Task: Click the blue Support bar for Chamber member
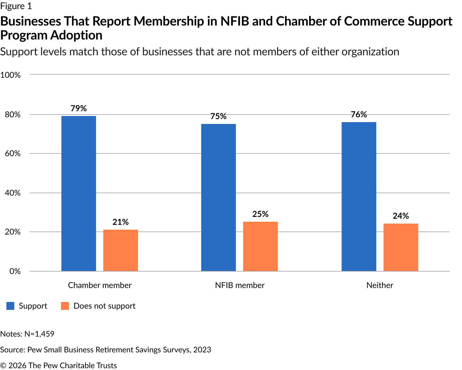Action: pos(79,194)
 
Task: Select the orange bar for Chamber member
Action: pos(121,250)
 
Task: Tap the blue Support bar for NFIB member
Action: pos(219,197)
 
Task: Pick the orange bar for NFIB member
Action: pos(260,246)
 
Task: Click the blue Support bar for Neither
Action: pos(359,197)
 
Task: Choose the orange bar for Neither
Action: pos(401,247)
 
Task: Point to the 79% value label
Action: pos(79,108)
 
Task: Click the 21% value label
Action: pos(121,222)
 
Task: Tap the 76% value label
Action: pos(359,115)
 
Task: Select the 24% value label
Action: pos(401,216)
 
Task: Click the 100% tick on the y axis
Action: pos(11,75)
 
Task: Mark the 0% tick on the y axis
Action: pos(15,271)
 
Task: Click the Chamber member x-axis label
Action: pos(100,285)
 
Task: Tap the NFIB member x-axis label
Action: pos(240,285)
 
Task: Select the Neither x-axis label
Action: pos(380,285)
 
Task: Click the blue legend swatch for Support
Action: pos(10,306)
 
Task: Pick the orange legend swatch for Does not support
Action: pos(65,306)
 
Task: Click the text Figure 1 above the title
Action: pos(16,6)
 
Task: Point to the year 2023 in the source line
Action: pos(202,350)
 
